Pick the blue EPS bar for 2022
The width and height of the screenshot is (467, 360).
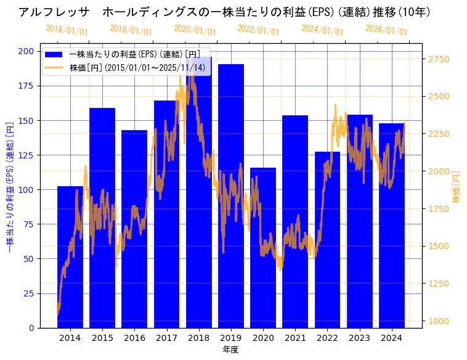(327, 240)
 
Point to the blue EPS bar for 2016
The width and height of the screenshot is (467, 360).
(134, 229)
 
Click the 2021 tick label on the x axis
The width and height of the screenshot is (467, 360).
(295, 337)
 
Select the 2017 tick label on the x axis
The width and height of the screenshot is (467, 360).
(166, 337)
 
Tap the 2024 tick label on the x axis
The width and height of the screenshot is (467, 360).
(391, 337)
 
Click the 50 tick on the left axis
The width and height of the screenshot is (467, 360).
(29, 259)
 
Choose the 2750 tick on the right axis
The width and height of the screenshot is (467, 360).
(439, 59)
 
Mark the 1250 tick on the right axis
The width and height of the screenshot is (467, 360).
(439, 284)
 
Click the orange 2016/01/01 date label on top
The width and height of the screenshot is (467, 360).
(67, 30)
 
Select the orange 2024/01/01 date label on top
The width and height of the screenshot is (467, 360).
(322, 30)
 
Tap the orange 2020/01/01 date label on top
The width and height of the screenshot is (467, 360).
(195, 30)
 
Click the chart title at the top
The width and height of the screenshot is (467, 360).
(224, 12)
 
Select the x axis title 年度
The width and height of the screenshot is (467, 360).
(230, 350)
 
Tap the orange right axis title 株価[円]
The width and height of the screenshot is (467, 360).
(457, 187)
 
